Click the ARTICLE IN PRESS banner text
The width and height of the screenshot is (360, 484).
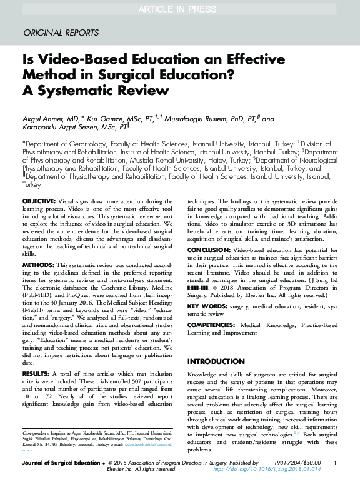tap(180, 8)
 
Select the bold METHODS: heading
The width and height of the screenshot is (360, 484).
tap(39, 265)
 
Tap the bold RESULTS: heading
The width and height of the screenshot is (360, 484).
tap(37, 373)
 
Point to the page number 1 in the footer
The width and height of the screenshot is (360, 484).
tap(336, 463)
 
